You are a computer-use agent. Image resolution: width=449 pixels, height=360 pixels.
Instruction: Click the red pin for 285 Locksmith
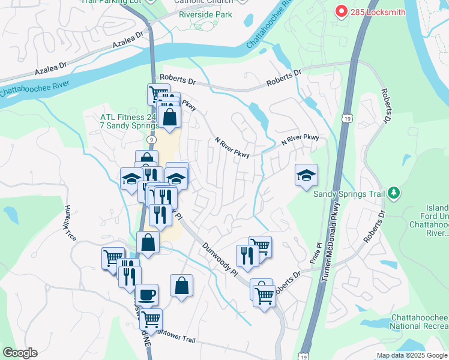pyautogui.click(x=341, y=11)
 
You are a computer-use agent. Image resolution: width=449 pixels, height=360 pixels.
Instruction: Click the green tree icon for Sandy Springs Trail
pyautogui.click(x=393, y=193)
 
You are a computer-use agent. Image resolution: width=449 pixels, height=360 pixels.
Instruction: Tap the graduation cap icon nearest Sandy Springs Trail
pyautogui.click(x=306, y=175)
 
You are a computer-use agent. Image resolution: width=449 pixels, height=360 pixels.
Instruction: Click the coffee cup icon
pyautogui.click(x=146, y=295)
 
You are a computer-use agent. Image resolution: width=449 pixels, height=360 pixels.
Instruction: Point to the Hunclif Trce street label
pyautogui.click(x=68, y=221)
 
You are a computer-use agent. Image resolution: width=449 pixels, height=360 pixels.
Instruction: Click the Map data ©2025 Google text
pyautogui.click(x=412, y=355)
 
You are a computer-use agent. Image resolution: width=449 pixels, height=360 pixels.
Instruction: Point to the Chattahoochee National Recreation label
pyautogui.click(x=419, y=321)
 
